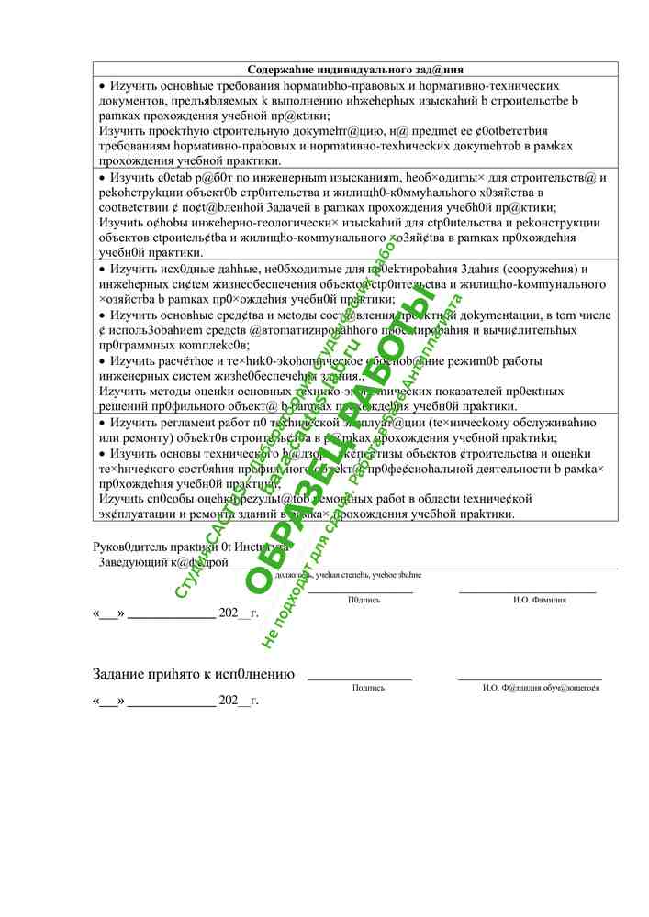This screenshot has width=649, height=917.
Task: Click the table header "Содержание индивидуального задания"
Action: click(x=355, y=69)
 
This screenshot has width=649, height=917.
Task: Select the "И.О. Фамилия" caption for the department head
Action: click(x=540, y=600)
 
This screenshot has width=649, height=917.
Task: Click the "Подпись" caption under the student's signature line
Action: click(x=368, y=687)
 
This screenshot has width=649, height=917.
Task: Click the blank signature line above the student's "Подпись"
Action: click(x=359, y=679)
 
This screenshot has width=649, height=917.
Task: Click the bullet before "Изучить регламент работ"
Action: click(x=103, y=423)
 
